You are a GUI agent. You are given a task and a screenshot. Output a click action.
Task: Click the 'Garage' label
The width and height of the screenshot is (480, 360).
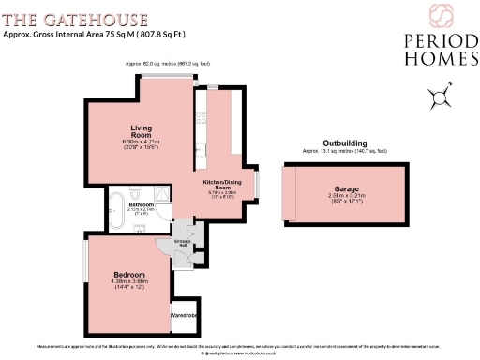coord(347,189)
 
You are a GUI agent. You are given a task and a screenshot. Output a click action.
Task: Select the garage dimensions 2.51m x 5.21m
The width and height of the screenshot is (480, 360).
coord(347,197)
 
